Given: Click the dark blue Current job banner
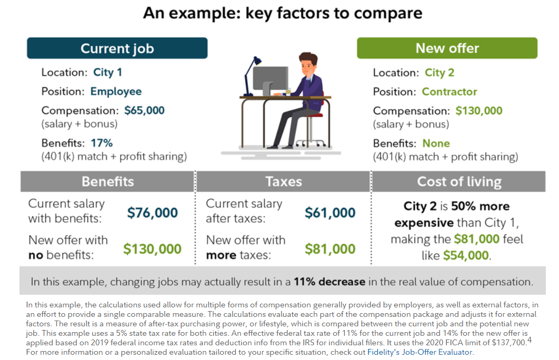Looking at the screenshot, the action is click(117, 48).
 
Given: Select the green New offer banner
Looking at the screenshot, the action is click(447, 48).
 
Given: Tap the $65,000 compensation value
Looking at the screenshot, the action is click(144, 111).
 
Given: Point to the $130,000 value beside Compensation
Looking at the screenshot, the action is click(479, 111).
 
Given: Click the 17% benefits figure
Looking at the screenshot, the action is click(102, 143).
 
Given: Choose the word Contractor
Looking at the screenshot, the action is click(449, 92).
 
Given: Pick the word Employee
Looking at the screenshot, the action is click(116, 92).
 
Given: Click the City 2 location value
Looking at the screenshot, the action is click(439, 73).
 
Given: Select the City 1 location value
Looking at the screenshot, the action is click(107, 72).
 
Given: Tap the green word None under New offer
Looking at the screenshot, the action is click(436, 143).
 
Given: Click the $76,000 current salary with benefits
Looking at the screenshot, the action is click(152, 213).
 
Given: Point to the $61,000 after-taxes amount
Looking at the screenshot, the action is click(330, 213).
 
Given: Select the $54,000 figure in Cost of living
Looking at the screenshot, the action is click(466, 255).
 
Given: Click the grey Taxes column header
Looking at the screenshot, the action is click(283, 182).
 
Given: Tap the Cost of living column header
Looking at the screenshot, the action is click(459, 182).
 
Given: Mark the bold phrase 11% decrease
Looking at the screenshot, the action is click(330, 282).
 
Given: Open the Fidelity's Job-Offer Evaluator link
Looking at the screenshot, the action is click(420, 352).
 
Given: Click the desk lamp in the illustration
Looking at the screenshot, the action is click(252, 76).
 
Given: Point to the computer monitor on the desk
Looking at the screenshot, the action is click(270, 80).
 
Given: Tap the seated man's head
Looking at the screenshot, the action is click(308, 64).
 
